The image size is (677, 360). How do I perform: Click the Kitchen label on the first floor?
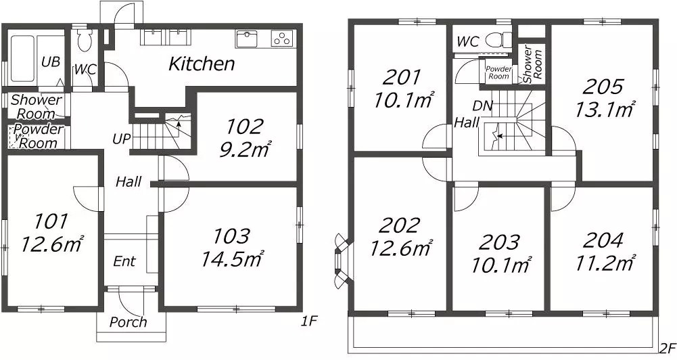click(202, 64)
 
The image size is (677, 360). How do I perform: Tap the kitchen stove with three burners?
click(281, 39)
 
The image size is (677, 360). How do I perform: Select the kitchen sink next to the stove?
click(247, 39)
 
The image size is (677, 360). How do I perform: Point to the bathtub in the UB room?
click(22, 58)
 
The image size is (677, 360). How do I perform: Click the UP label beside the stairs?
click(121, 139)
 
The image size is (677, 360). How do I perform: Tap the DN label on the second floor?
click(482, 106)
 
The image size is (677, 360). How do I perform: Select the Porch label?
click(128, 322)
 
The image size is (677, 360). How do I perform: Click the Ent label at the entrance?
click(124, 261)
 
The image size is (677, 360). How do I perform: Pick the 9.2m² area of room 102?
click(245, 149)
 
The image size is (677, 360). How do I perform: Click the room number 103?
click(232, 236)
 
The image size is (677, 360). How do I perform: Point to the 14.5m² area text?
click(232, 259)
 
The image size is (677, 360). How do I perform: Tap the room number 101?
click(51, 222)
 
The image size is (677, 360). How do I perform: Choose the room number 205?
click(603, 87)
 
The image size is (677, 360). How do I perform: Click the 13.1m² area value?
click(605, 110)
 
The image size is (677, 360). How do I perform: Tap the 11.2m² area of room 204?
click(605, 263)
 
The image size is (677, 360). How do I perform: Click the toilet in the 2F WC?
click(498, 41)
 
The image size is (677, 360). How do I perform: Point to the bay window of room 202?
click(341, 261)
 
